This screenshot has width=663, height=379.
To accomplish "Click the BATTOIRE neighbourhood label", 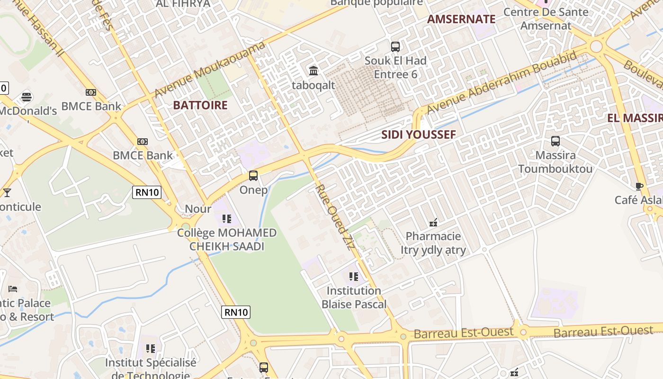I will (200, 105).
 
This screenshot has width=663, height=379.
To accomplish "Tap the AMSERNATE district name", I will (461, 19).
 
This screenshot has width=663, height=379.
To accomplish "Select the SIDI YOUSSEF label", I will (419, 135).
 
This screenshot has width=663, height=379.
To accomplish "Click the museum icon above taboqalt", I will (314, 71).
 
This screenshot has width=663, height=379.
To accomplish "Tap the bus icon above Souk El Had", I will (395, 46).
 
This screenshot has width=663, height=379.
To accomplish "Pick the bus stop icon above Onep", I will (253, 176).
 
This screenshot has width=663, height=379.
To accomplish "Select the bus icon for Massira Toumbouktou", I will (555, 141).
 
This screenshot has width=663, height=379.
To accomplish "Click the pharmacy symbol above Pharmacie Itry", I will (433, 222).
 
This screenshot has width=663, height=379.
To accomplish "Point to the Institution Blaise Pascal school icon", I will (354, 276).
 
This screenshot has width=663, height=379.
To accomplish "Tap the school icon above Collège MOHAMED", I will (227, 218).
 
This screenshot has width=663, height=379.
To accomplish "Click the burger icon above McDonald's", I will (27, 97).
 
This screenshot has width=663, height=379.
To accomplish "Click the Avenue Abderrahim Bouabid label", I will (502, 82).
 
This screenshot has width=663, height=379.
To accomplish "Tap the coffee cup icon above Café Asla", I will (639, 186).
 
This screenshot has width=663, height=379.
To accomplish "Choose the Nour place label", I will (198, 209).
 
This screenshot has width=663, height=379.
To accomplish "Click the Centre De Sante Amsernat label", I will (546, 18).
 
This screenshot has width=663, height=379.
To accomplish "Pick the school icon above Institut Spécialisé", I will (151, 349).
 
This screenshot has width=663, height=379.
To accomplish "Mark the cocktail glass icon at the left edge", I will (7, 192).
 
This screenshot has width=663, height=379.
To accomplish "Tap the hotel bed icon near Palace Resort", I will (13, 289).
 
